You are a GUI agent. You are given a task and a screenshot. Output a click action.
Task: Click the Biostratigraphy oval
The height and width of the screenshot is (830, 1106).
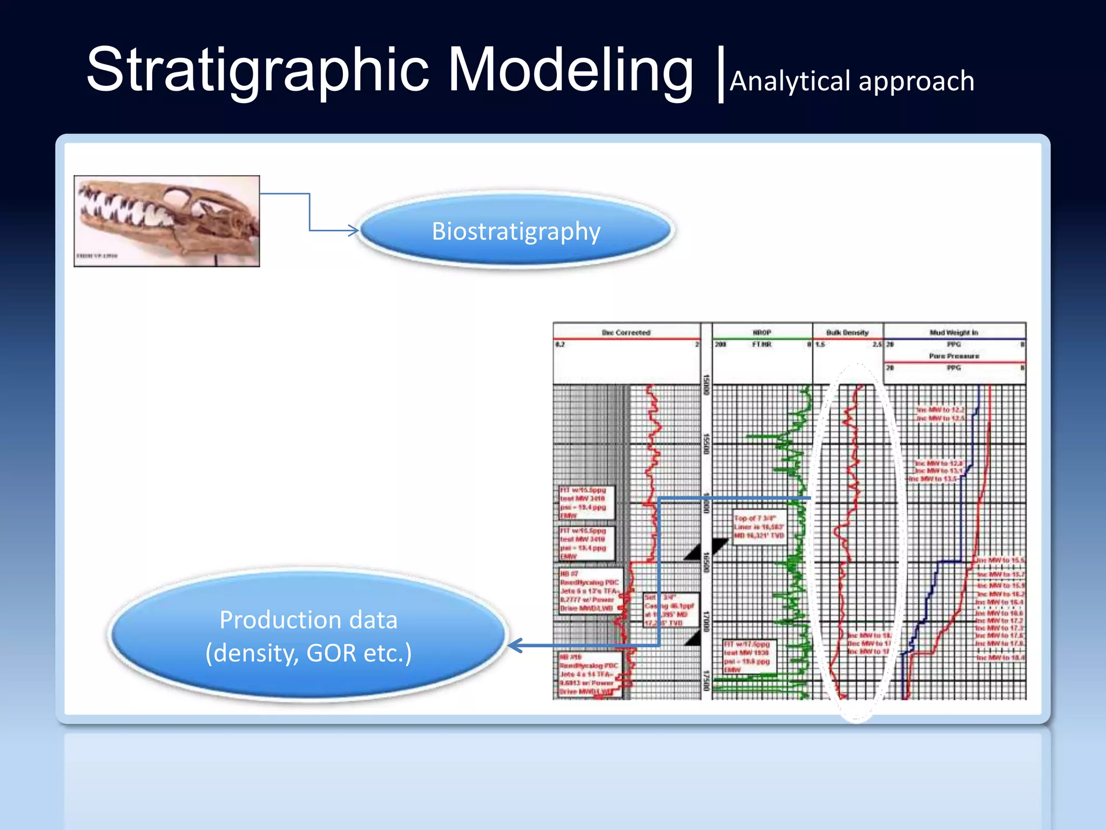(x=516, y=231)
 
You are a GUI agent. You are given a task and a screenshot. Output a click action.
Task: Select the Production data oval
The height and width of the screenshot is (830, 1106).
(x=308, y=635)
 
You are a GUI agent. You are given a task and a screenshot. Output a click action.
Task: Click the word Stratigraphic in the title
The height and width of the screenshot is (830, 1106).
(x=257, y=70)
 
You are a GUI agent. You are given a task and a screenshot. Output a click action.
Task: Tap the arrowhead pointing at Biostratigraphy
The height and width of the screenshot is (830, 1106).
(x=354, y=231)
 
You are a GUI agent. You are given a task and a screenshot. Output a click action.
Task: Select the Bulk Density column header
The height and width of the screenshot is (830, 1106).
(x=847, y=332)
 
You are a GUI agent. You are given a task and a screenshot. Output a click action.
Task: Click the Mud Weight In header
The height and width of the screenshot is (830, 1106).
(x=954, y=332)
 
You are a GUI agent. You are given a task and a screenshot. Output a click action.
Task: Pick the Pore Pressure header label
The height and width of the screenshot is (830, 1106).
(x=954, y=356)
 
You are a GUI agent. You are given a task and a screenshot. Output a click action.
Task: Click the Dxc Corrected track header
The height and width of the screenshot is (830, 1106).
(x=626, y=332)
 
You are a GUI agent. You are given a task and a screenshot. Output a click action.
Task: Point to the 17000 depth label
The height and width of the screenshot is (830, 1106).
(x=706, y=621)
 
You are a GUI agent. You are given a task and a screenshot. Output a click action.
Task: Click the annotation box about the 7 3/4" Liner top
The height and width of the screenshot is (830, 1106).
(x=759, y=527)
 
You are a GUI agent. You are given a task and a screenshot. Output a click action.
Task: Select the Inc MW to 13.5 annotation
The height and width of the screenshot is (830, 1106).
(x=933, y=479)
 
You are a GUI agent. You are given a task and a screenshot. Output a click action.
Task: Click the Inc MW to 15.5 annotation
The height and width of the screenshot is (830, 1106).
(x=1000, y=560)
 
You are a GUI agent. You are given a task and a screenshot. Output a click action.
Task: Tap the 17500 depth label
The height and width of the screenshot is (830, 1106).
(x=706, y=681)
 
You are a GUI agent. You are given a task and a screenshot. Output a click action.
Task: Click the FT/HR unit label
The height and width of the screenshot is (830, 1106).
(x=762, y=344)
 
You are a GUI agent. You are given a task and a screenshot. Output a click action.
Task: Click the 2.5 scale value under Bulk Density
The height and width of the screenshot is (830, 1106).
(x=877, y=344)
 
